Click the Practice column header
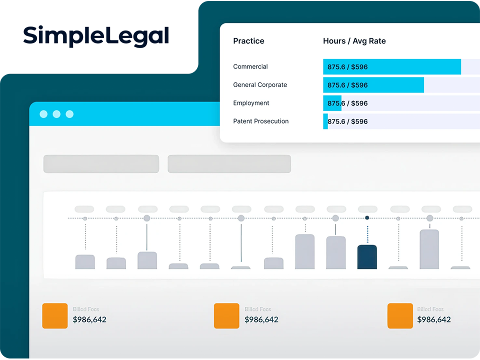[x=248, y=41]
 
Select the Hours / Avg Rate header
[x=354, y=41]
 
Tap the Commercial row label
[x=250, y=66]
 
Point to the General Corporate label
[x=260, y=85]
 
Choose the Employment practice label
[x=251, y=103]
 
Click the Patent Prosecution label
[x=260, y=121]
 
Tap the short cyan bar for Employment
[x=332, y=103]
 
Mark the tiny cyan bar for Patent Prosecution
[x=325, y=121]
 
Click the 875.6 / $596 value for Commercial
[x=347, y=66]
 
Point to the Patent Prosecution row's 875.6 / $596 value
[x=347, y=121]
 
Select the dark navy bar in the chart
[x=367, y=257]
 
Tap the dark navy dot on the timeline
[x=367, y=218]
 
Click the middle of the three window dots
[x=56, y=114]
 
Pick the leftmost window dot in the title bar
[x=43, y=114]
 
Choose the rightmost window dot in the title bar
[x=69, y=114]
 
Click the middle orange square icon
[x=226, y=316]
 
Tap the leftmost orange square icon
[x=55, y=316]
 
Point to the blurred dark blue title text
[x=107, y=36]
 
